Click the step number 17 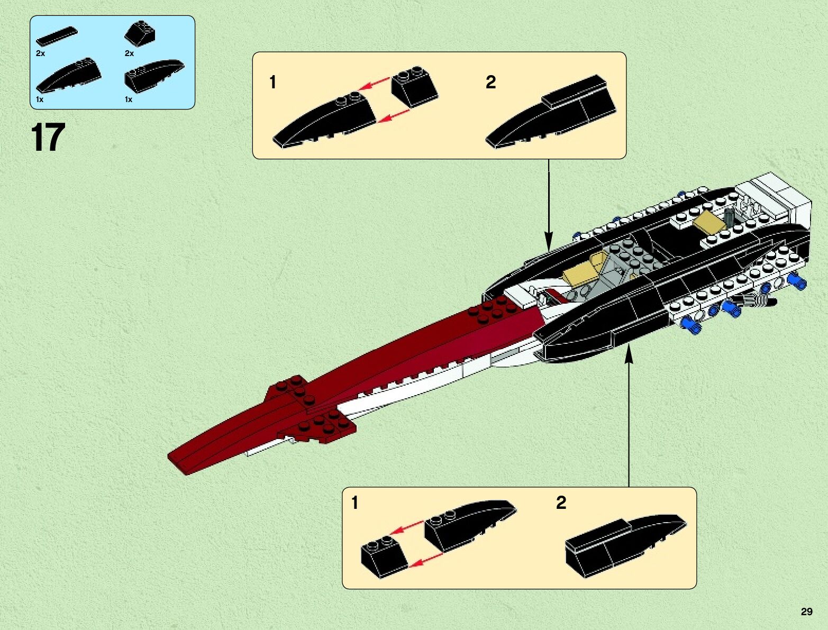48,138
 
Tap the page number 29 806,612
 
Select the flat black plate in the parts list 56,36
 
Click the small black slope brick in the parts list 141,33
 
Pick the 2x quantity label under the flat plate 41,53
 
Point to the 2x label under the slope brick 130,53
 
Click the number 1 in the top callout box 273,82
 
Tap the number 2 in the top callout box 490,82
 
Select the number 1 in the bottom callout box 354,503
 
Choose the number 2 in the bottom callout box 561,503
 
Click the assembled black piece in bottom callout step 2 624,542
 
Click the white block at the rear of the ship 778,200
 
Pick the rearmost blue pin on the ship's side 797,280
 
